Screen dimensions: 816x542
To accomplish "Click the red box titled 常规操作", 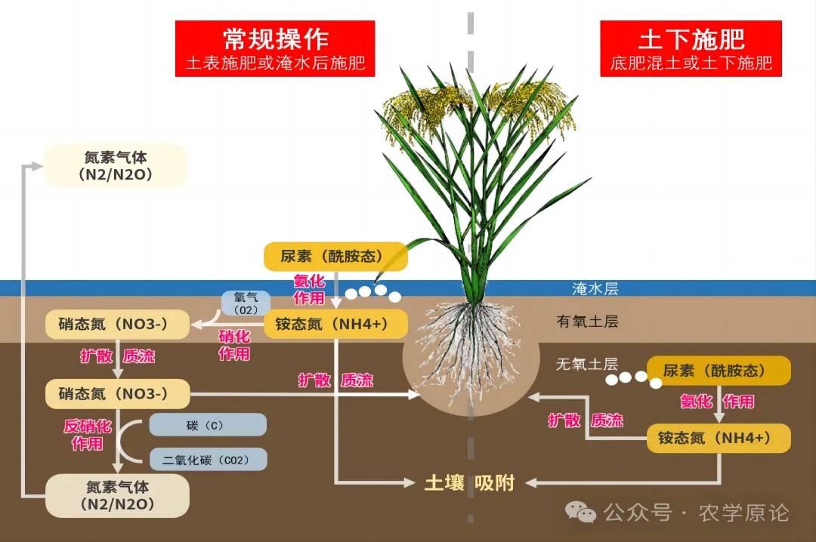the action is [x=275, y=48].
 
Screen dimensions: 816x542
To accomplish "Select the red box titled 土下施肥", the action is [x=691, y=48].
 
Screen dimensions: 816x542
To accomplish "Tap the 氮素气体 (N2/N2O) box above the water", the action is [x=116, y=165].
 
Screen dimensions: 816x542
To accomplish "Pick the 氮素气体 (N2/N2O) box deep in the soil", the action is [x=117, y=495].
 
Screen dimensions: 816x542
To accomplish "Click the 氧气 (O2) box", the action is [x=246, y=303].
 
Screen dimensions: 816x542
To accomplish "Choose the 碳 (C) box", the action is [x=208, y=425].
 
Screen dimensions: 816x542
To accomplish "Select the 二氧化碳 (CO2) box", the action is [x=209, y=460].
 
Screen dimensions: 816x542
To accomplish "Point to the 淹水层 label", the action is [x=595, y=288].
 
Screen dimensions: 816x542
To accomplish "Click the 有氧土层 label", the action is [x=587, y=322].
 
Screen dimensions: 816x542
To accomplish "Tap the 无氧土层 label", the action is [x=586, y=364].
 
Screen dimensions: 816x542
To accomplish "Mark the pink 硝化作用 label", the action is [x=234, y=345].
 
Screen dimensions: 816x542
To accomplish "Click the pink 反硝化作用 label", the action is [x=88, y=434].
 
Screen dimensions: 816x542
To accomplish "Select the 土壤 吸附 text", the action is [x=469, y=482].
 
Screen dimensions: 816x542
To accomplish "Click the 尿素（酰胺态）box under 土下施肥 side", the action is [x=719, y=371].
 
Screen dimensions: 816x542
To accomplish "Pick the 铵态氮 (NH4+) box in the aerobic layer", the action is [x=335, y=324].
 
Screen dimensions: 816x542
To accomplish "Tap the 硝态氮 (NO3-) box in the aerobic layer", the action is [x=117, y=324].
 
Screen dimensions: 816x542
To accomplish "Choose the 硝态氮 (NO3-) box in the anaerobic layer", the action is [x=117, y=394].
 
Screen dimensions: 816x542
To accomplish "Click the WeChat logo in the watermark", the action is [x=580, y=512].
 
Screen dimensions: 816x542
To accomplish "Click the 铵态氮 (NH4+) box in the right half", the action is [x=719, y=438].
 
